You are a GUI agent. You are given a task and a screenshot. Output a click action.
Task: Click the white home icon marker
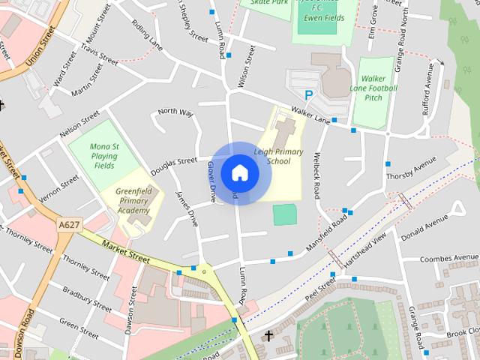[239, 172]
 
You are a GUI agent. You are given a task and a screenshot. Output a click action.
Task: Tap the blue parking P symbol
[308, 95]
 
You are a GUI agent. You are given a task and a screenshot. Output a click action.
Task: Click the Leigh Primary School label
[279, 156]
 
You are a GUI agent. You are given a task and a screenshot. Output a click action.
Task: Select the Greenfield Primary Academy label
[128, 200]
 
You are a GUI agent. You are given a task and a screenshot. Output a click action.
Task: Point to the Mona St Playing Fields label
[104, 155]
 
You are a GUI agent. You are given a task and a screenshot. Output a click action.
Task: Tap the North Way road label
[175, 112]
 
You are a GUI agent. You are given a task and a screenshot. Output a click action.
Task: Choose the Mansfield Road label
[327, 233]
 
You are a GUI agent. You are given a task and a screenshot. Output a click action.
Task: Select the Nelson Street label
[79, 123]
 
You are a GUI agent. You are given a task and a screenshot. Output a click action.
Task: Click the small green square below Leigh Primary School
[284, 214]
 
